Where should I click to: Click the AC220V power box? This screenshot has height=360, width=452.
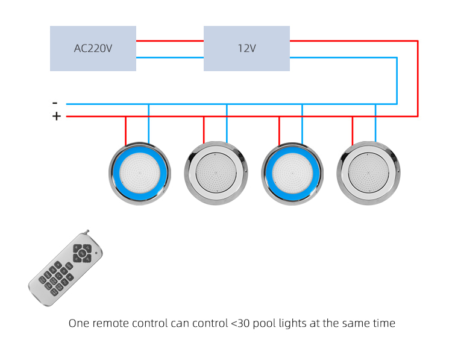point(93,48)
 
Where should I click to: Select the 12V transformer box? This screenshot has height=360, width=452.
point(246,48)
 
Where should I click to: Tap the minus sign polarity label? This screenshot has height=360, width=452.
point(55,103)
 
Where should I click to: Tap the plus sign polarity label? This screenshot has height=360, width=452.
point(56,116)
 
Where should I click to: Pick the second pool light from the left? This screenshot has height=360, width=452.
point(215,174)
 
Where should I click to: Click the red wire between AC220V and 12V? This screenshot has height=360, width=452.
point(169,41)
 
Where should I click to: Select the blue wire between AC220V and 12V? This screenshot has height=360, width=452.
point(169,57)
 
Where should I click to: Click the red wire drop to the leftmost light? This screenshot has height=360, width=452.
point(125,130)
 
